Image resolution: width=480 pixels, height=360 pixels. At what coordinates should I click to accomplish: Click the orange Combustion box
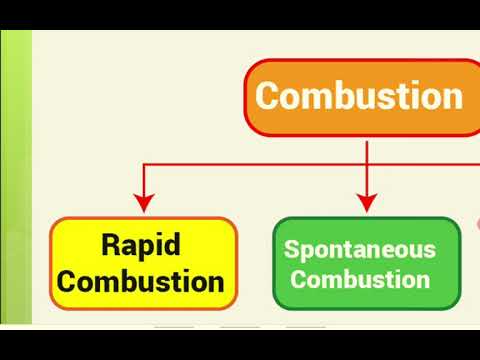coord(362,98)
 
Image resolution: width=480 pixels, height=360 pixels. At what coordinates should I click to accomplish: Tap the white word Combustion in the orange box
coord(359,97)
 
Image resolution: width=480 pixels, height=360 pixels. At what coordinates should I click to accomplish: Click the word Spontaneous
coord(360,249)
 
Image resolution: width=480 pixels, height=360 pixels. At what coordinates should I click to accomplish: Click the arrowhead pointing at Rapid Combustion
coord(145,207)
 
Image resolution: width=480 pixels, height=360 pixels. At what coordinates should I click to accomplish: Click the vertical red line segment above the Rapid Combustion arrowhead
coord(145,184)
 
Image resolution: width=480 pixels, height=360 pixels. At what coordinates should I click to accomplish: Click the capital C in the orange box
coord(269,97)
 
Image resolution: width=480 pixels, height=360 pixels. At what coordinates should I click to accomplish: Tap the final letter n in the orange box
coord(452,98)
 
